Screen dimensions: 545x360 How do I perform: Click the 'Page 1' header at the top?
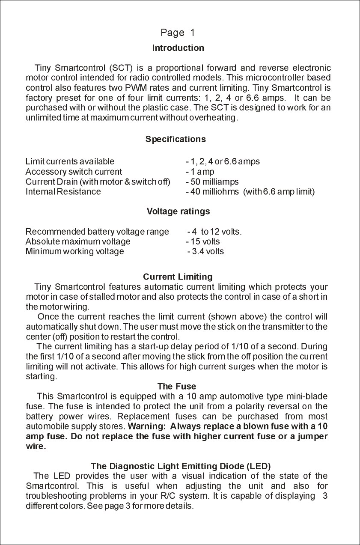tap(178, 33)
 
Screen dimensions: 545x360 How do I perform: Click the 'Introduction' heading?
tap(178, 48)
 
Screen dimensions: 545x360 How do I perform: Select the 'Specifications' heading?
tap(176, 139)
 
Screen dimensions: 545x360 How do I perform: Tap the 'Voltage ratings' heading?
tap(178, 211)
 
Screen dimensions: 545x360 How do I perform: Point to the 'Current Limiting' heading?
tap(178, 277)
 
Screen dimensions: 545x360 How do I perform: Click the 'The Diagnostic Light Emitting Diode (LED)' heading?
tap(181, 466)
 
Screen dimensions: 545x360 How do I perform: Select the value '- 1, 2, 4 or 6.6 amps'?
tap(223, 162)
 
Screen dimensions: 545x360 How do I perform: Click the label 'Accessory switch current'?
tap(74, 172)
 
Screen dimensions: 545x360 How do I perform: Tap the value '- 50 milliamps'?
tap(212, 182)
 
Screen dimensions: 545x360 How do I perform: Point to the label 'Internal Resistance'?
tap(63, 191)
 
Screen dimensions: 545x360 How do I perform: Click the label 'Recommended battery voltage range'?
tap(97, 232)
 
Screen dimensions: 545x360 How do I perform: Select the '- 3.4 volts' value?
tap(205, 251)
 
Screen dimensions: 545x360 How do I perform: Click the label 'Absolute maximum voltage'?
tap(78, 241)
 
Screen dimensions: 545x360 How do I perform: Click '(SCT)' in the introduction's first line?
tap(122, 68)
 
